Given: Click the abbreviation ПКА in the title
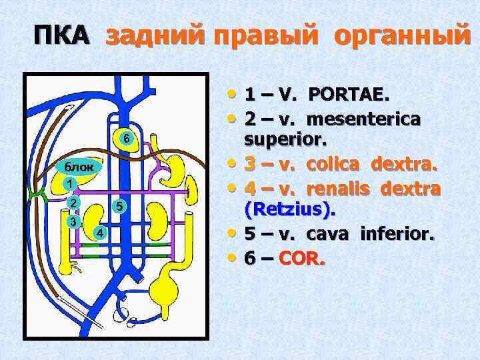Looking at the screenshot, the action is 61,34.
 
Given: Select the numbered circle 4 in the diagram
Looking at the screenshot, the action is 99,233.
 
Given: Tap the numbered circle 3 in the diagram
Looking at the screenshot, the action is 73,221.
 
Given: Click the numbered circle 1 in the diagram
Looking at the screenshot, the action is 69,182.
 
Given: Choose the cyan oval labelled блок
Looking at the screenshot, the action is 79,166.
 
